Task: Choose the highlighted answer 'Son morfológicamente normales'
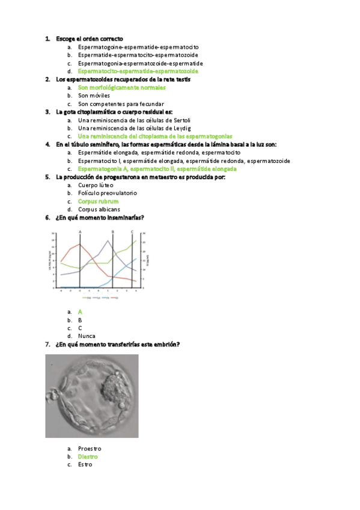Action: (x=121, y=87)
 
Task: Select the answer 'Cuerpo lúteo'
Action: (x=95, y=185)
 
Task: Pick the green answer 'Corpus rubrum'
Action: (x=98, y=201)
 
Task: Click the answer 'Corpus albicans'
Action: (x=99, y=209)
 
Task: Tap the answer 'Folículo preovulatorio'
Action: (x=107, y=193)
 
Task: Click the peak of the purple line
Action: (x=108, y=241)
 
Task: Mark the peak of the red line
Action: (x=79, y=244)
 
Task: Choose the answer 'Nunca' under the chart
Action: (x=87, y=336)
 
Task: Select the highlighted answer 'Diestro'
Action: (x=88, y=456)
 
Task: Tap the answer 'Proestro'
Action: (x=90, y=449)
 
